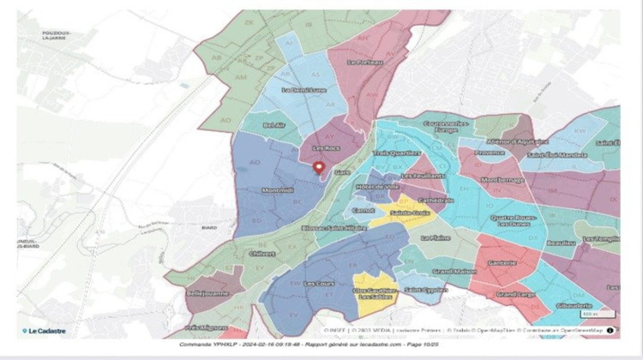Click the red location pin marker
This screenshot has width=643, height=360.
319,168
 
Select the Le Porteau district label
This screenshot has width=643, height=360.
364,62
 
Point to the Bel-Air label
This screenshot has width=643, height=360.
274,125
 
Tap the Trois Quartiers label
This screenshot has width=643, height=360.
392,154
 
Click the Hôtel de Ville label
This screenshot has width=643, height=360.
374,186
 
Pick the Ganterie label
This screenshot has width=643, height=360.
502,264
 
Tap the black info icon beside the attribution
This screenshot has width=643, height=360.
610,329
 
